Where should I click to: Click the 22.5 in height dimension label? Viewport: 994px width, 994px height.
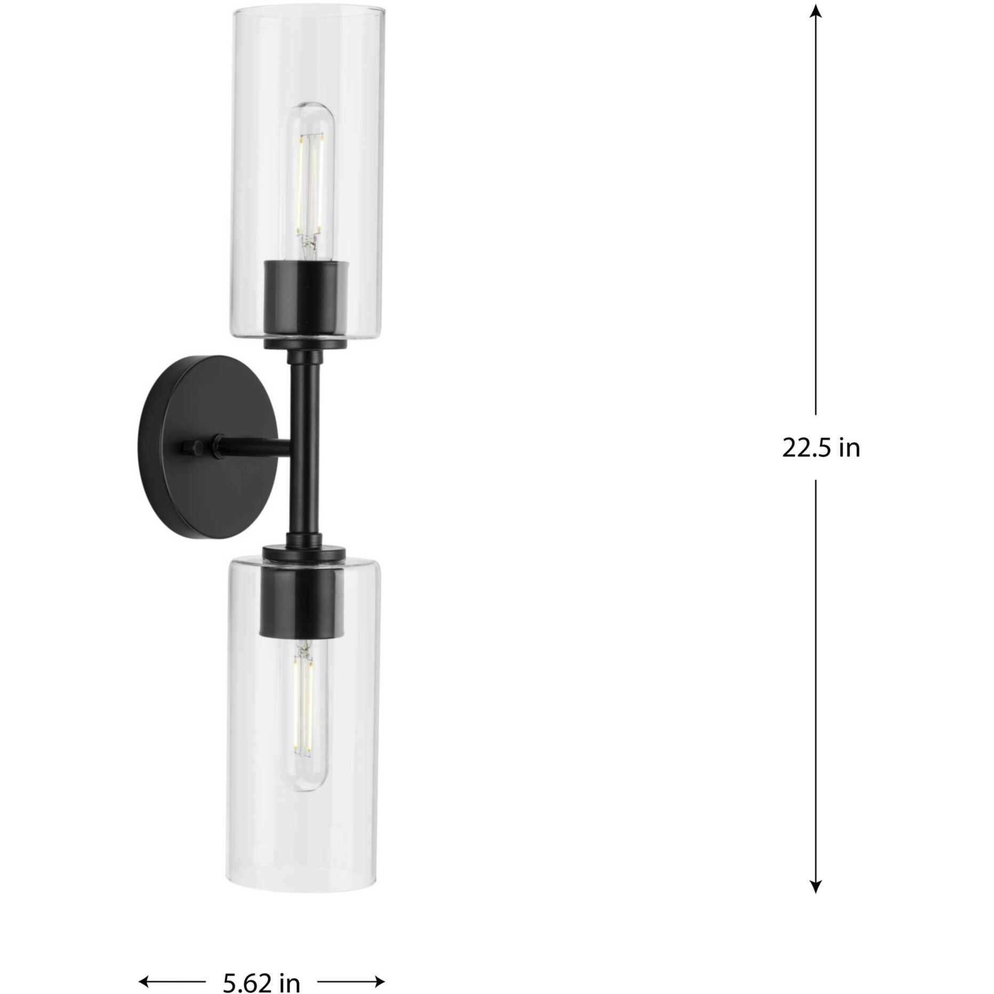pos(821,448)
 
